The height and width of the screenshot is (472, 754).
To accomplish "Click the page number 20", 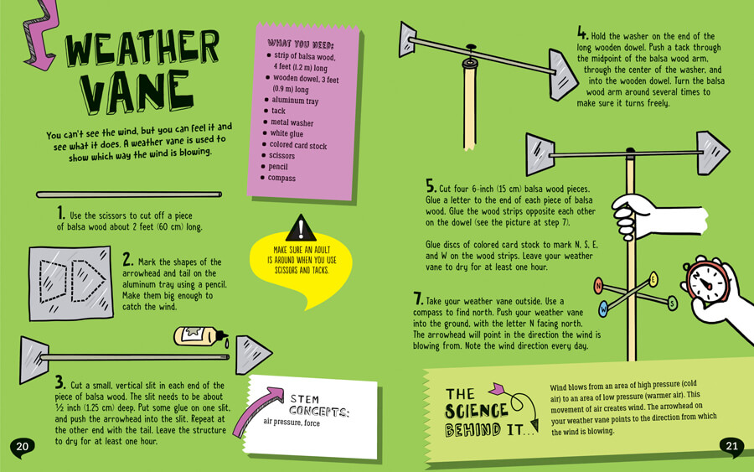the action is point(22,447).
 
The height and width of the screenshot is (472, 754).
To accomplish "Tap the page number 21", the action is point(731,446).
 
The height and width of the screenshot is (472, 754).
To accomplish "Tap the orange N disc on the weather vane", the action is point(598,286).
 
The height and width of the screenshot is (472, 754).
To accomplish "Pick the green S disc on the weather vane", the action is point(672,303).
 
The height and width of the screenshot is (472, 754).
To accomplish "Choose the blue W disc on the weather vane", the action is point(603,309).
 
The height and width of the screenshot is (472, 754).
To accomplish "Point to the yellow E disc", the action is point(653,279).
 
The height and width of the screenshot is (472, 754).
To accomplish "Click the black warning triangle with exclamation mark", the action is point(301,229).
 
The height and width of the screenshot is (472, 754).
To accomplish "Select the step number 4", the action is point(582,34).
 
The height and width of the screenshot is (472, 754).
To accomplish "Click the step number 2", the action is point(127,260).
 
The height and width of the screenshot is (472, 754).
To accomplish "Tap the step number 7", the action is point(418,298).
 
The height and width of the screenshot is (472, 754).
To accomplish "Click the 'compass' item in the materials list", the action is point(281,178).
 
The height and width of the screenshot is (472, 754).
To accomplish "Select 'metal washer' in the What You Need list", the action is point(292,122).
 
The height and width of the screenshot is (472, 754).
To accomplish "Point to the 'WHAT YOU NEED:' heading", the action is point(301,44).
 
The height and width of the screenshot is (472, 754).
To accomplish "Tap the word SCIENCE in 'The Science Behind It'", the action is point(476,411).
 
